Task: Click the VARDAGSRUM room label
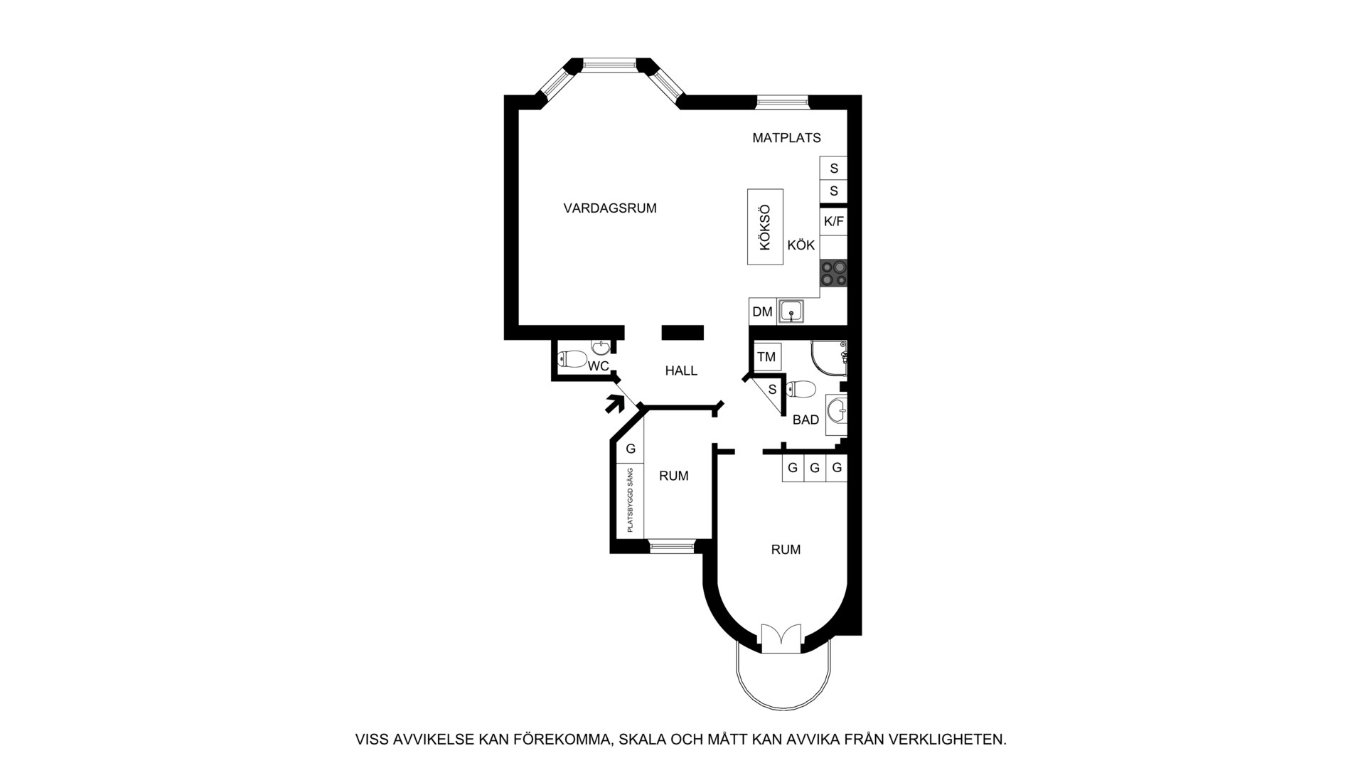pos(610,208)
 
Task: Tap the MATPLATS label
pos(786,138)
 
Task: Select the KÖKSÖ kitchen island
pos(765,227)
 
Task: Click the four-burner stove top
pos(834,273)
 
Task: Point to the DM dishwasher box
pos(763,311)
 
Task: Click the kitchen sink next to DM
pos(791,311)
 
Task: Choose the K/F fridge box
pos(834,221)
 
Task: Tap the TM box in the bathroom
pos(766,357)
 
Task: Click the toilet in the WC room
pos(573,359)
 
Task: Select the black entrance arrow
pos(614,404)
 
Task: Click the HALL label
pos(681,370)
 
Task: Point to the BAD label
pos(805,420)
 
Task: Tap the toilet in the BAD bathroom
pos(801,389)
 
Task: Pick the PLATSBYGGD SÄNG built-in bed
pos(630,499)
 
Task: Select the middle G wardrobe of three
pos(815,468)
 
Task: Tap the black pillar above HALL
pos(682,332)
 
